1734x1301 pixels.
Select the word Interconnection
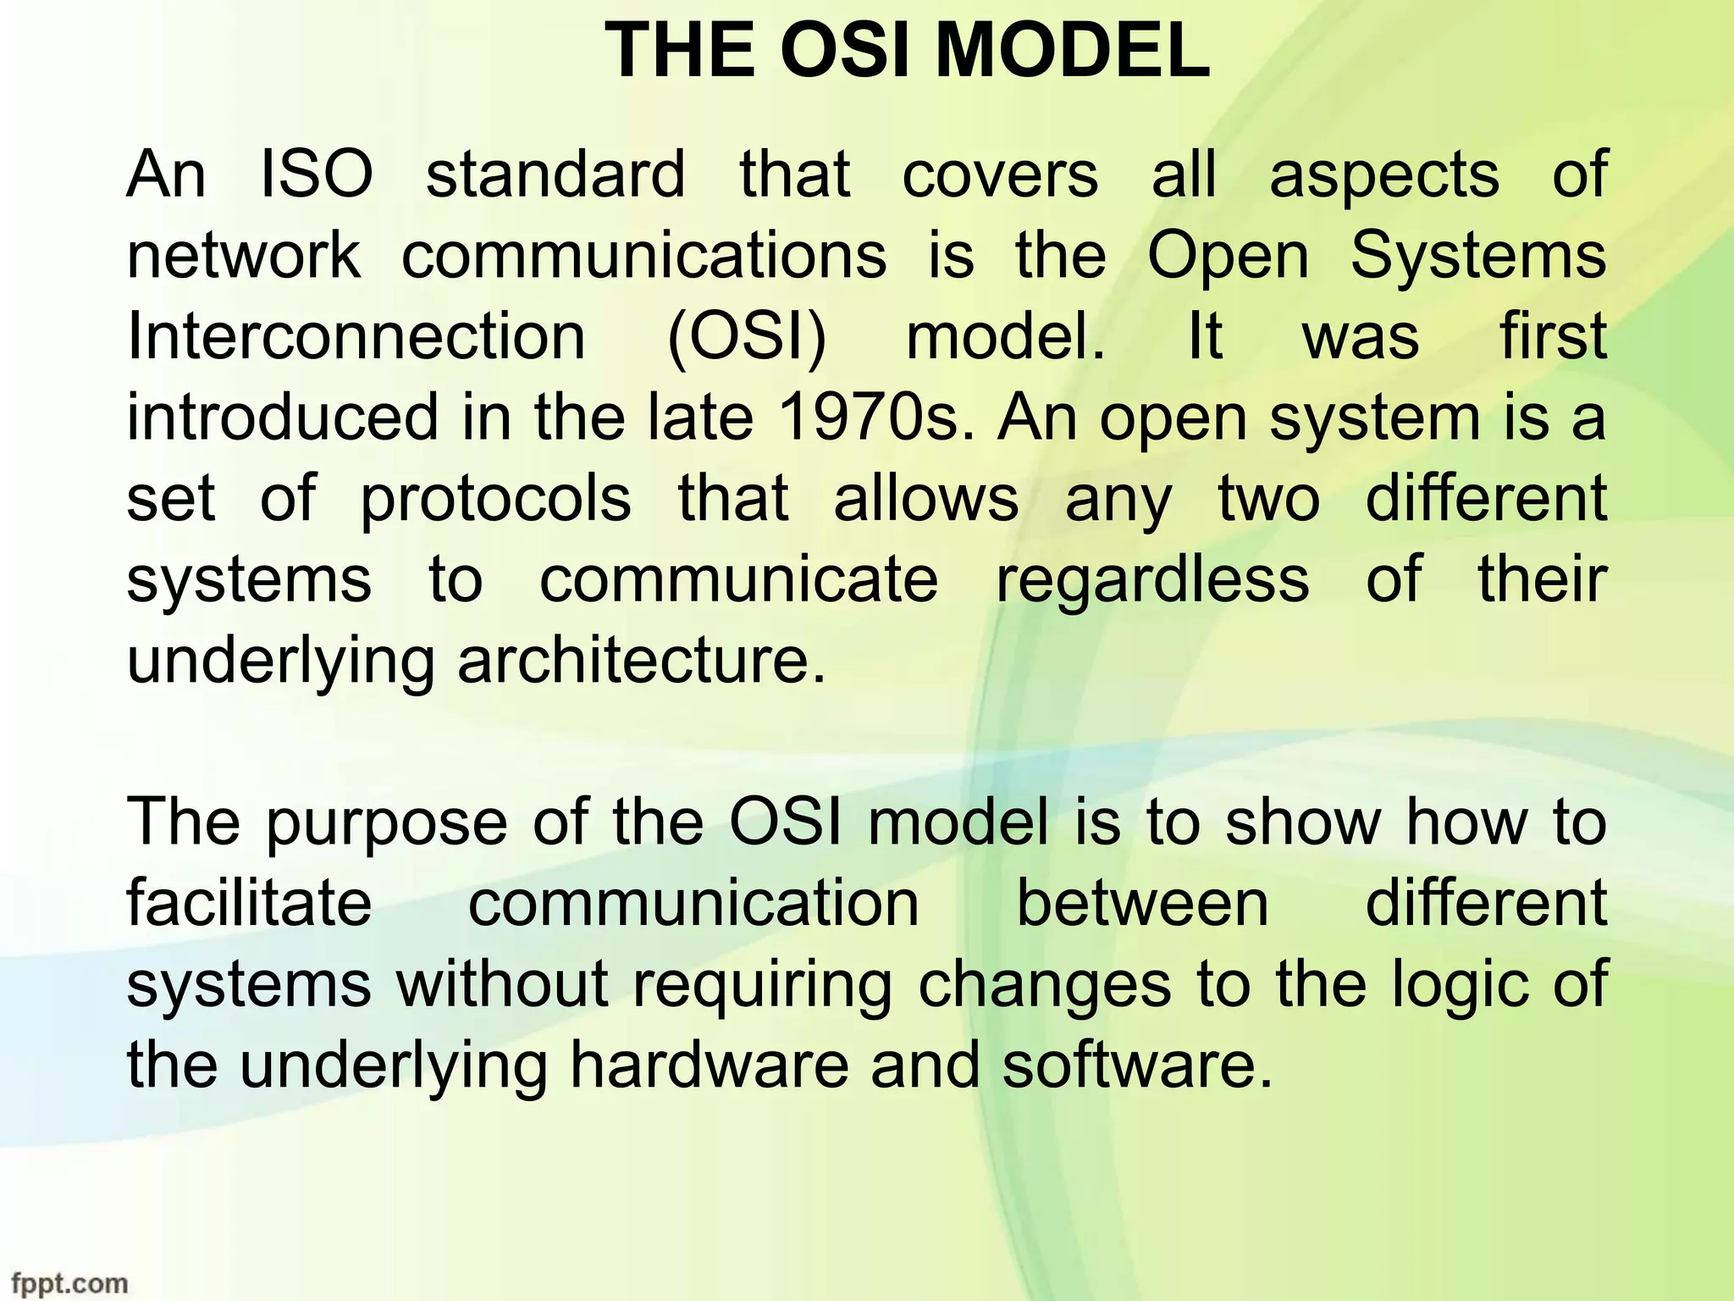[x=356, y=336]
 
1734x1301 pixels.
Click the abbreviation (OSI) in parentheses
[x=746, y=336]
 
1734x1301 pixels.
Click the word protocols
[x=496, y=498]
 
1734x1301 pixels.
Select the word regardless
[x=1152, y=579]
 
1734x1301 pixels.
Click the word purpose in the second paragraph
[x=385, y=822]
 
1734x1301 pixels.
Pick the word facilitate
[x=249, y=903]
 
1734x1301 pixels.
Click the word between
[x=1142, y=903]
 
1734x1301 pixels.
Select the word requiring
[x=762, y=984]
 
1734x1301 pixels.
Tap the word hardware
[x=709, y=1065]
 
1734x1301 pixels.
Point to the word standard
[x=555, y=174]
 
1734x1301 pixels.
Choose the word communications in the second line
[x=643, y=256]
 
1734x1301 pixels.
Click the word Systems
[x=1478, y=256]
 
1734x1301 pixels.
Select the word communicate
[x=739, y=579]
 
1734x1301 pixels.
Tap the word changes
[x=1045, y=984]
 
